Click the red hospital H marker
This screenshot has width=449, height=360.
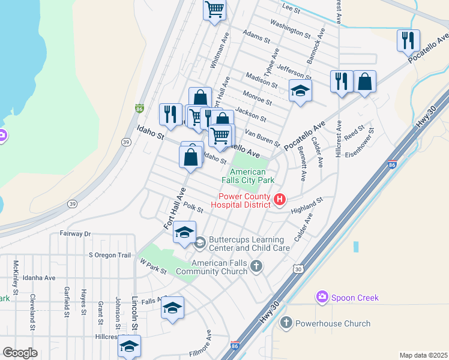pyautogui.click(x=279, y=199)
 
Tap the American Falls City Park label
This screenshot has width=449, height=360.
pyautogui.click(x=248, y=176)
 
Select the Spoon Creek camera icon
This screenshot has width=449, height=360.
pyautogui.click(x=322, y=297)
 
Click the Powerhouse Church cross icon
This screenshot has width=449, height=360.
pyautogui.click(x=285, y=323)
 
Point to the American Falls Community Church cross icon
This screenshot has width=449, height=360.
pyautogui.click(x=256, y=266)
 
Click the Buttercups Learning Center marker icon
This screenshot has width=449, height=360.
pyautogui.click(x=200, y=242)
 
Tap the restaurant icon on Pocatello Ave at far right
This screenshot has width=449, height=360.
pyautogui.click(x=408, y=40)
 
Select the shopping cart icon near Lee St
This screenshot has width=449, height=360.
pyautogui.click(x=214, y=9)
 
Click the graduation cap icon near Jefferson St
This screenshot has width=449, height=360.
pyautogui.click(x=300, y=90)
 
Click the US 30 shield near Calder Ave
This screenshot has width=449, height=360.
pyautogui.click(x=298, y=269)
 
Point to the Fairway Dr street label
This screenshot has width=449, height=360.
pyautogui.click(x=74, y=233)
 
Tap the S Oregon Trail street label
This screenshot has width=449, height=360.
pyautogui.click(x=109, y=255)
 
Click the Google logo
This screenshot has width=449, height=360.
pyautogui.click(x=20, y=353)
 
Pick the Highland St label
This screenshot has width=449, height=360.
pyautogui.click(x=307, y=205)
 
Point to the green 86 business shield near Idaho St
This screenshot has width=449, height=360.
pyautogui.click(x=139, y=109)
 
